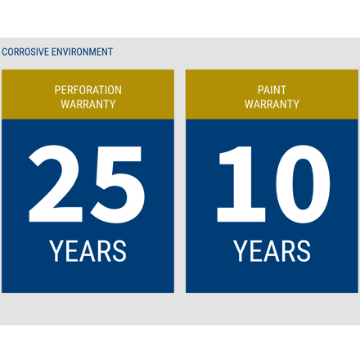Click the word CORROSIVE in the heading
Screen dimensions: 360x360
click(25, 52)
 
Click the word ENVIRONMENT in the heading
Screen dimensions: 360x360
click(82, 52)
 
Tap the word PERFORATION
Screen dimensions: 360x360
click(88, 90)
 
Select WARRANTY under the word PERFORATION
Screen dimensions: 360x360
click(88, 104)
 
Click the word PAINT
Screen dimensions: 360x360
click(272, 90)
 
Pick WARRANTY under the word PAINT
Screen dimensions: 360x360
click(272, 104)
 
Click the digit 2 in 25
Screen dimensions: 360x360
click(56, 183)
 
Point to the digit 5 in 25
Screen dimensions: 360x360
click(118, 184)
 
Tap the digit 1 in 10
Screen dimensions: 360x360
click(241, 184)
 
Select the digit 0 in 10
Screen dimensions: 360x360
click(303, 184)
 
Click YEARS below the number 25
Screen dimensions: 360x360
click(88, 251)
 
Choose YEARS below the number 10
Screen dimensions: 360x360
click(272, 251)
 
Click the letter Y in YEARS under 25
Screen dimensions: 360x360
click(57, 251)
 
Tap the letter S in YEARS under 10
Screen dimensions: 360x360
click(303, 251)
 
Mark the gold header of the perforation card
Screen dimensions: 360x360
click(88, 94)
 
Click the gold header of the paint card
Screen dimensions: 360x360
click(272, 94)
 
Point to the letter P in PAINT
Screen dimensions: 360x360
click(261, 90)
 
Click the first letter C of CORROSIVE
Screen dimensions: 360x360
click(5, 52)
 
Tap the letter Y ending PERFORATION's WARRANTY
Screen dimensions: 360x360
click(112, 104)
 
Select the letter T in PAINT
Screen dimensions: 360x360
click(282, 90)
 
